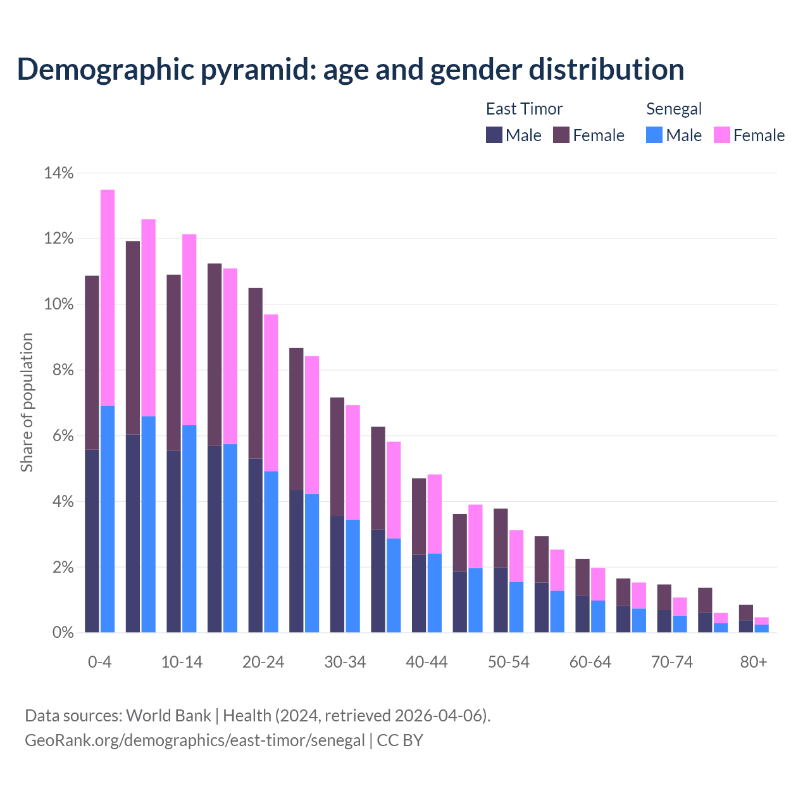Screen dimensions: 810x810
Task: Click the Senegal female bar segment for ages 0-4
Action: [x=108, y=297]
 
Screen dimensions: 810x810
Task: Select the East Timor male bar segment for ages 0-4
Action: [x=92, y=541]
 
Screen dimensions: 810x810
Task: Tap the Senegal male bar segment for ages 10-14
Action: [x=189, y=528]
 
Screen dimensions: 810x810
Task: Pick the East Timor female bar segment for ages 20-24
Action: [x=256, y=373]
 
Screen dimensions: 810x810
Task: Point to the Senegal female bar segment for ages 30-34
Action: [x=353, y=462]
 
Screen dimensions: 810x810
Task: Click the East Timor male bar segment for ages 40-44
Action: [x=419, y=593]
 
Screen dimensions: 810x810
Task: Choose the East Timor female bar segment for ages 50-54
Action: [x=501, y=538]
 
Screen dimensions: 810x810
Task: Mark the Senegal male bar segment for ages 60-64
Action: [x=598, y=616]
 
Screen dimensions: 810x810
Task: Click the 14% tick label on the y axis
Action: [x=59, y=173]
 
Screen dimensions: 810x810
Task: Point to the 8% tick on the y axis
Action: [x=63, y=370]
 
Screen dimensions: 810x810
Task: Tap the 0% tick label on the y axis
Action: [x=63, y=633]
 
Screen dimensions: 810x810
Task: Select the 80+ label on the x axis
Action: [x=754, y=662]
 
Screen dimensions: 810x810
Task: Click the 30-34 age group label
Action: [x=345, y=662]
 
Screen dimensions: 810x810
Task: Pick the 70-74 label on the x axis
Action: [x=672, y=662]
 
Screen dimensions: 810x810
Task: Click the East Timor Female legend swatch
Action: [x=561, y=135]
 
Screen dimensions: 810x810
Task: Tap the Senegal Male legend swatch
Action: [x=654, y=135]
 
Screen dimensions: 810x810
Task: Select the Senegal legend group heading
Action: [x=674, y=109]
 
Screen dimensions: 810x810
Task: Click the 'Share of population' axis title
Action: [x=27, y=402]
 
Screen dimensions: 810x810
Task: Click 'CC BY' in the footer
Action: [x=400, y=740]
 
